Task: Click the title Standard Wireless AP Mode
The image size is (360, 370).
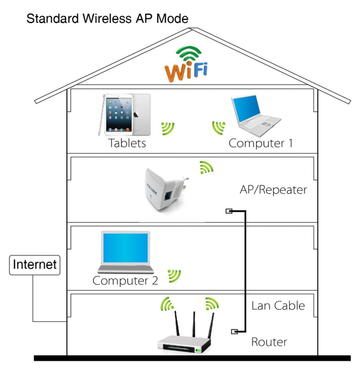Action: [x=107, y=19]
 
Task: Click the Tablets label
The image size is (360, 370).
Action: [x=127, y=143]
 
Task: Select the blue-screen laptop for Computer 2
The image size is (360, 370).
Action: [x=125, y=253]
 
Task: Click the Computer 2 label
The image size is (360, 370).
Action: [x=125, y=280]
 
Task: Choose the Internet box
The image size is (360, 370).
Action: [x=35, y=264]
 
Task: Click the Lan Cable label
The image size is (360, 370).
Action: [x=278, y=305]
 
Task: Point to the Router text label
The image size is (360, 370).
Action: [x=269, y=342]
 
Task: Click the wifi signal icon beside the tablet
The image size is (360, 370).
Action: [x=168, y=128]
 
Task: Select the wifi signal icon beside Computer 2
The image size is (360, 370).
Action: [x=175, y=275]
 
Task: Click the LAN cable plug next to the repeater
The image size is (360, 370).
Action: [x=229, y=211]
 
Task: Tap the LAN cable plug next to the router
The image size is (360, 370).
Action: [x=235, y=331]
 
